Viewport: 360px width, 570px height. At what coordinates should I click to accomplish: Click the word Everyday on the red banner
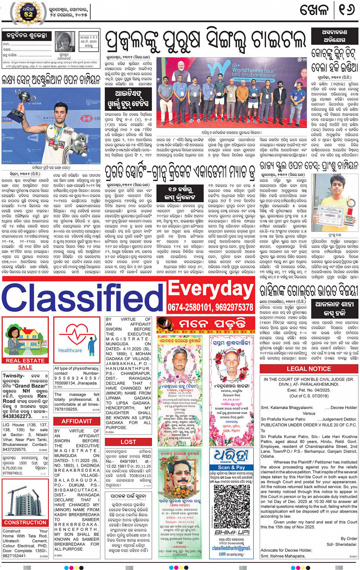(211, 289)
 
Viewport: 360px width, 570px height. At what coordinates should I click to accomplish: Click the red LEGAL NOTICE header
(309, 369)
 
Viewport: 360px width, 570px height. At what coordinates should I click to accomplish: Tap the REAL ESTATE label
(25, 360)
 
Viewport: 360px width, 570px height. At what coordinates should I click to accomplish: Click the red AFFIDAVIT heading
(77, 421)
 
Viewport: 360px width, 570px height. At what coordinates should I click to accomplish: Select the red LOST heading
(128, 442)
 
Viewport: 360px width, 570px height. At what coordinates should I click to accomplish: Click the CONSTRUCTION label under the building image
(25, 522)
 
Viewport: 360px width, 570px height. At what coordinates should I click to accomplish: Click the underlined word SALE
(25, 367)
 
